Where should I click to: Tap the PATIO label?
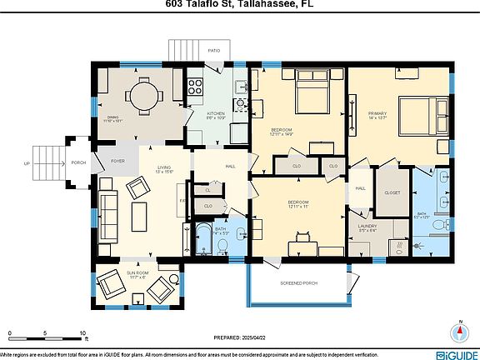214,50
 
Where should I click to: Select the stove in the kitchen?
196,86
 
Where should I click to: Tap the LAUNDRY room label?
367,226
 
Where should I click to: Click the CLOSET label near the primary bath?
392,192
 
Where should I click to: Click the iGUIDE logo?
457,352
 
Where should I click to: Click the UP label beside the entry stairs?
27,162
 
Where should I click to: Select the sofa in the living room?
107,203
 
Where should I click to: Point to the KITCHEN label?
216,113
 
